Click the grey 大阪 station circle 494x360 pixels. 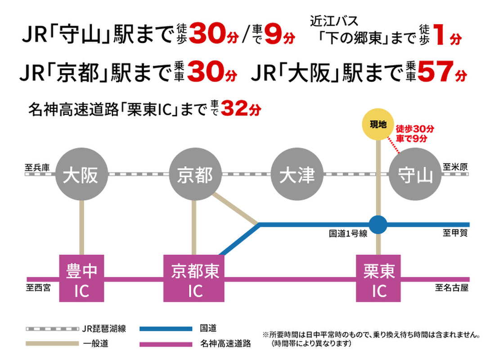(x=81, y=175)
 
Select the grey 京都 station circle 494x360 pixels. (x=195, y=175)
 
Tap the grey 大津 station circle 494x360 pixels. (x=297, y=175)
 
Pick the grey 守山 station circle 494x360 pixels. (x=413, y=175)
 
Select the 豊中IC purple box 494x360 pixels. (x=82, y=278)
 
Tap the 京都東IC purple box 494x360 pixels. (x=194, y=278)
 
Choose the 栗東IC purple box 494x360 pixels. (x=379, y=278)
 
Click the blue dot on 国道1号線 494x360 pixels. (x=378, y=225)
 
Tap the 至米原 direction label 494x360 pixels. (x=455, y=166)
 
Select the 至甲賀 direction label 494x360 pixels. (x=455, y=233)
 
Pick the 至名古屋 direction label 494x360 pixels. (x=451, y=287)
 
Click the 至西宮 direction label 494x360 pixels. (x=38, y=288)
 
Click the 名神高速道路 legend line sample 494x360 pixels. (x=165, y=344)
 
